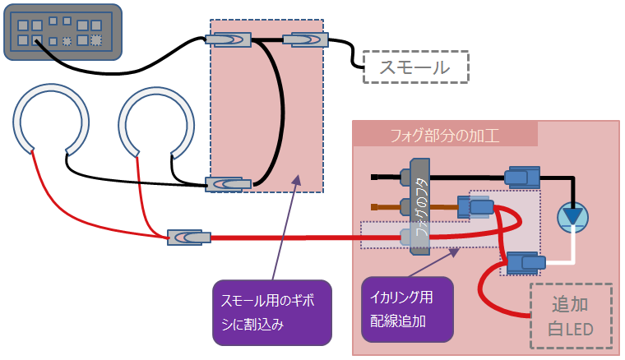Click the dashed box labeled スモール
(x=415, y=67)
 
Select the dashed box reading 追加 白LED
(x=572, y=316)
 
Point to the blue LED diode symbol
(x=573, y=216)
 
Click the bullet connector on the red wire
(x=188, y=237)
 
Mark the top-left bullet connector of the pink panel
(x=228, y=39)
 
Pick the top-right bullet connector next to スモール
(x=305, y=39)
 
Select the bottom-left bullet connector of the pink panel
(x=228, y=184)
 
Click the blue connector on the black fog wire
(x=521, y=176)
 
